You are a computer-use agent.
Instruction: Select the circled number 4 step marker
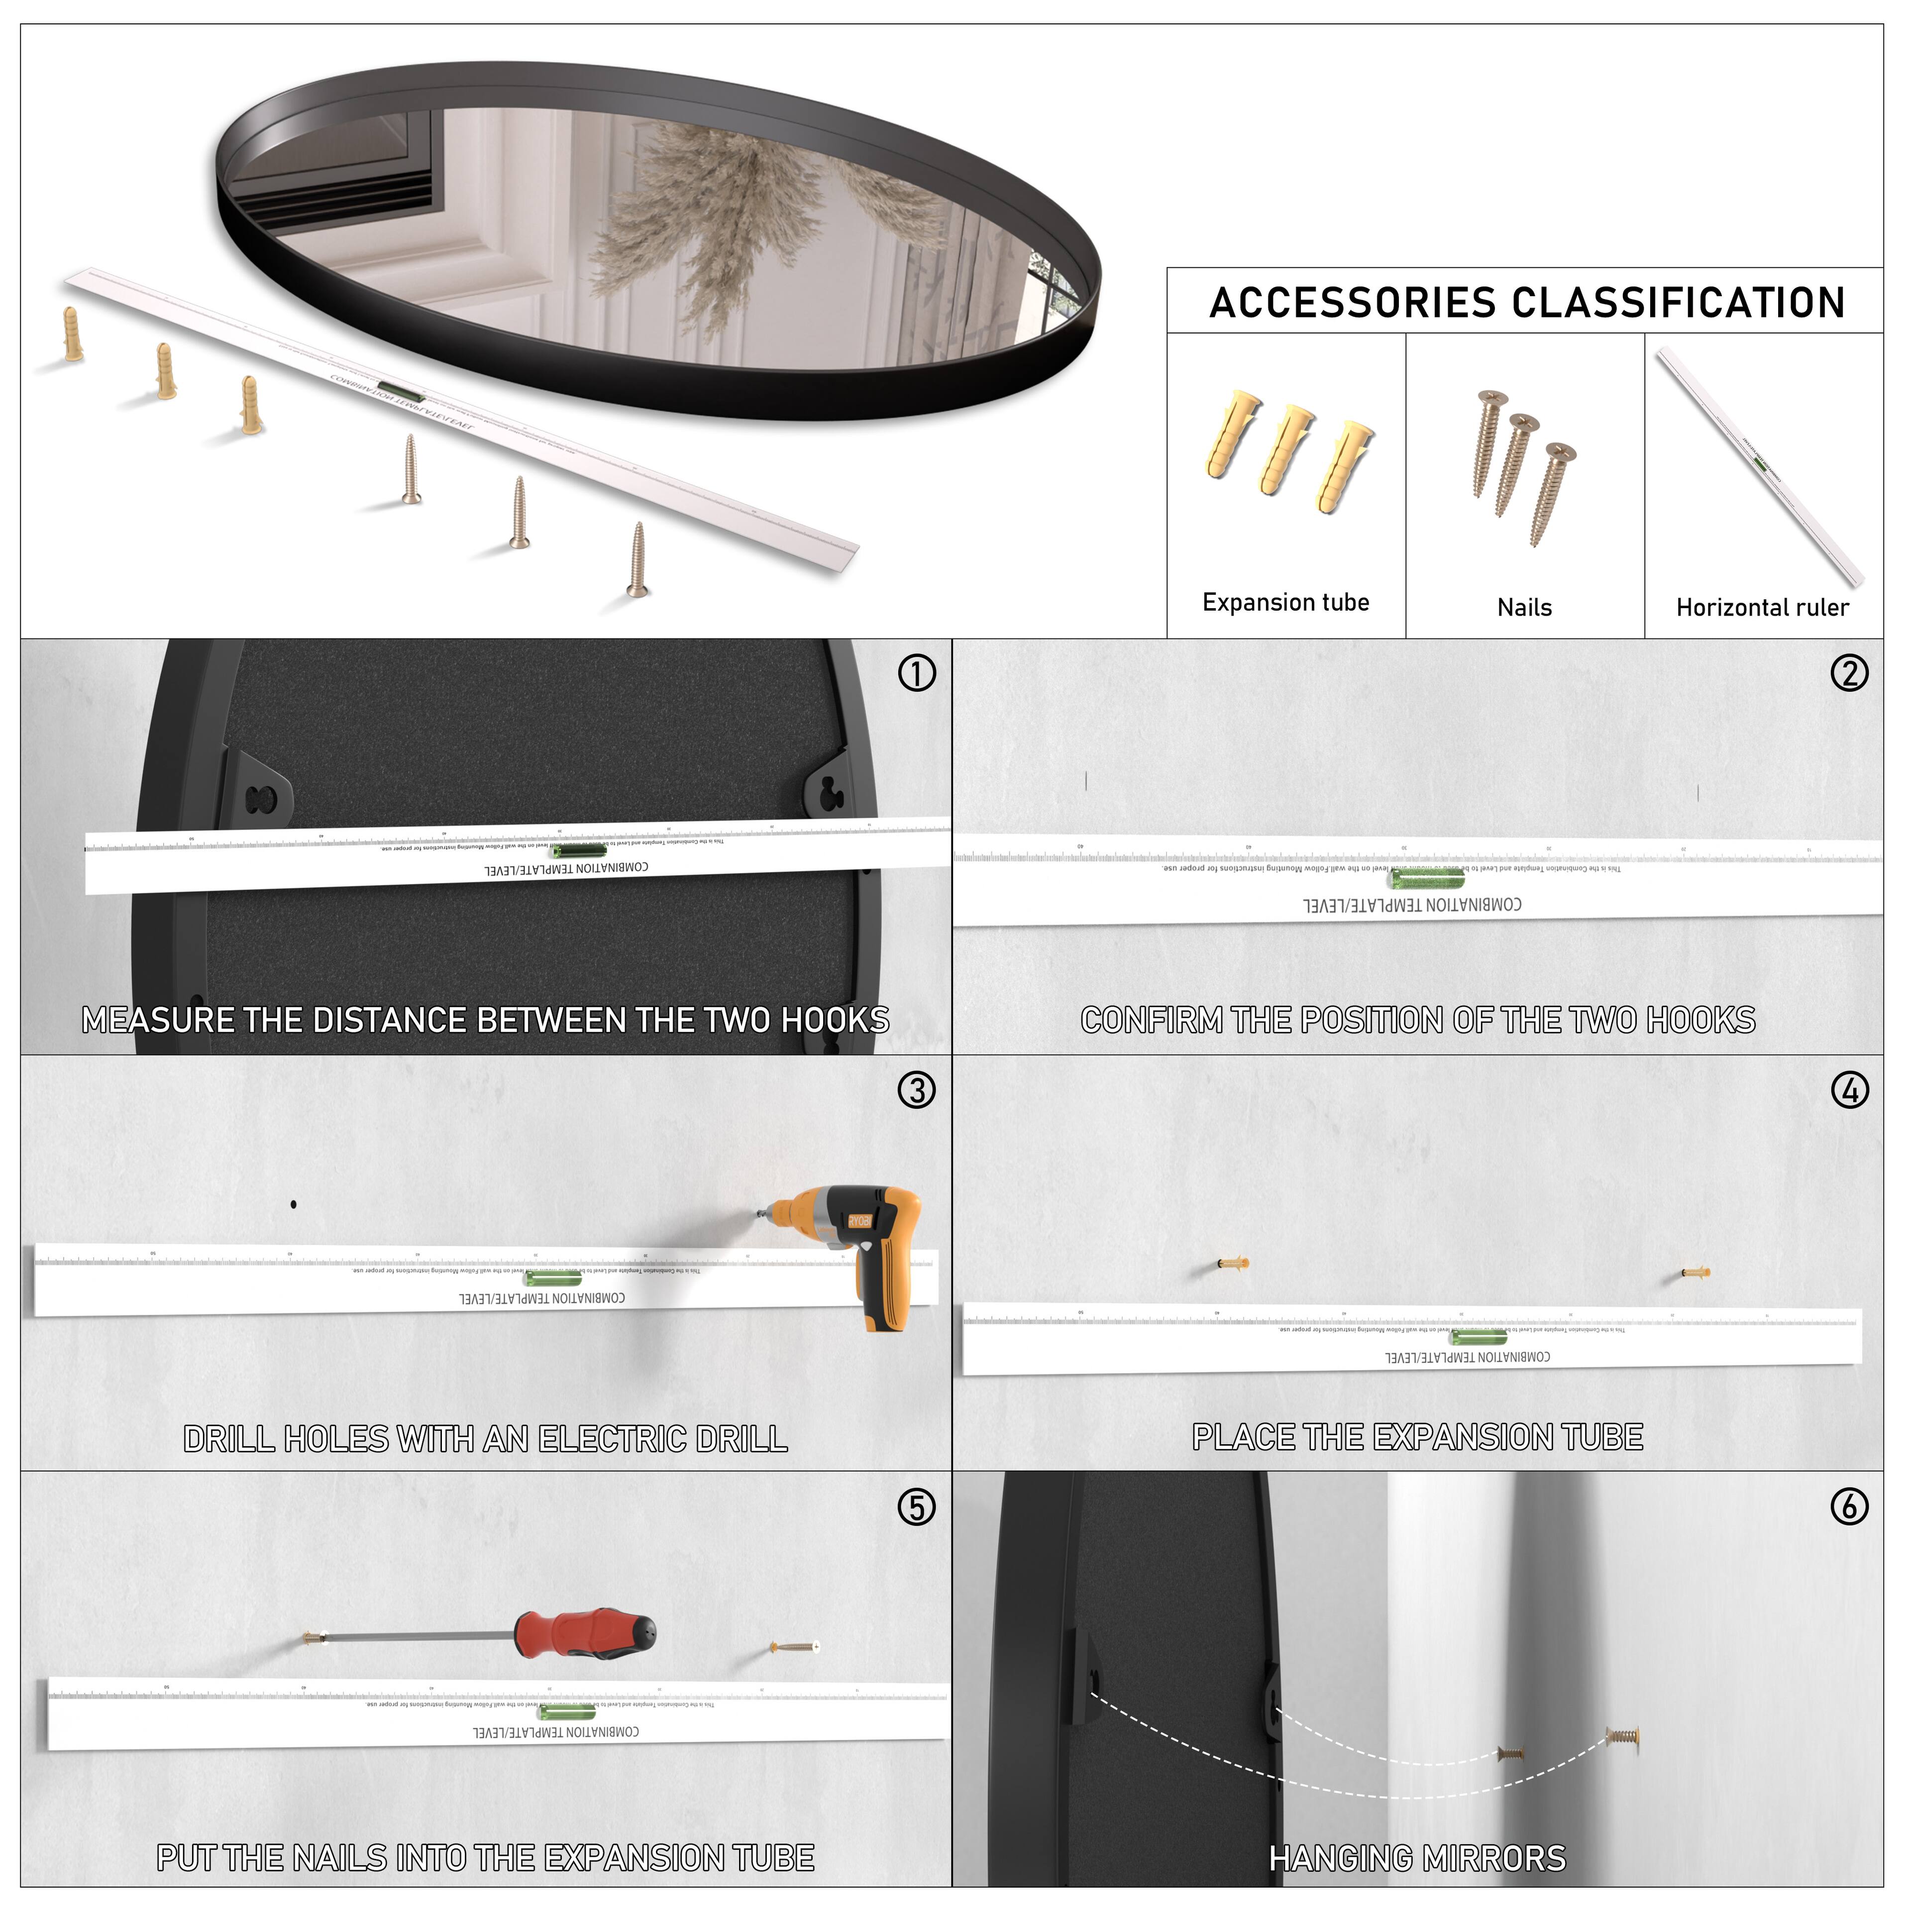pyautogui.click(x=1850, y=1091)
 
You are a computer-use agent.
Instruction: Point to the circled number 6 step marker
pyautogui.click(x=1850, y=1507)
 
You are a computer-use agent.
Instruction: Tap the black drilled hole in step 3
pyautogui.click(x=294, y=1205)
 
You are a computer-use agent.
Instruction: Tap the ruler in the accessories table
pyautogui.click(x=1761, y=465)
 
